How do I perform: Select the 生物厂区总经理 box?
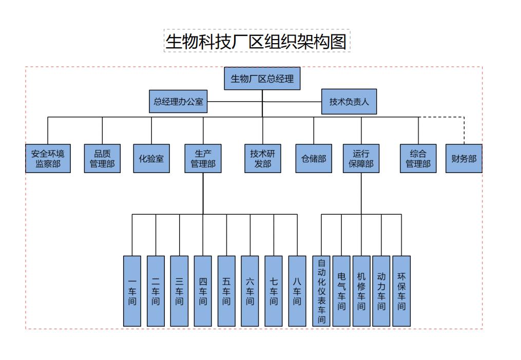(x=262, y=79)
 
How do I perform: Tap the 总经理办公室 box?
(x=178, y=102)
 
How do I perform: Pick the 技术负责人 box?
(x=349, y=102)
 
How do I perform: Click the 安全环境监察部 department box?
(x=48, y=158)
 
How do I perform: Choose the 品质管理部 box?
(x=102, y=158)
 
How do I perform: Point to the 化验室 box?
(x=151, y=158)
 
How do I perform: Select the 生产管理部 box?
(x=203, y=158)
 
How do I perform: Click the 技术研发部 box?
(x=262, y=158)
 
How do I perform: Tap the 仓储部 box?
(x=314, y=158)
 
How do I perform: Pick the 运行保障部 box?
(x=361, y=158)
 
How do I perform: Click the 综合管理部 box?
(x=418, y=158)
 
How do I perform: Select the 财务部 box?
(x=464, y=158)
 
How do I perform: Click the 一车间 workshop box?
(x=132, y=291)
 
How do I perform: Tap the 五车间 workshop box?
(x=226, y=291)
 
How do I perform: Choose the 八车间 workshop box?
(x=297, y=291)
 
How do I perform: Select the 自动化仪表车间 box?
(x=321, y=291)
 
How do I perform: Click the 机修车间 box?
(x=361, y=291)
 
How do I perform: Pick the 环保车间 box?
(x=401, y=291)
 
